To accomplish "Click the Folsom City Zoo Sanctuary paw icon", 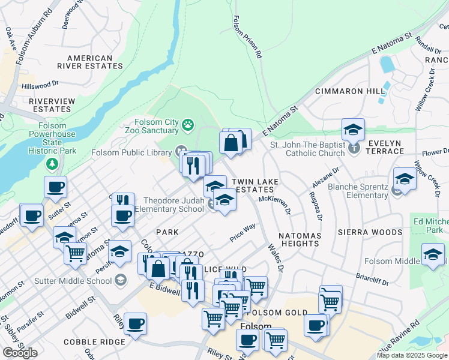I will [189, 125].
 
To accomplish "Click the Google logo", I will [20, 353].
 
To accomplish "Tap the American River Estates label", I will [90, 62].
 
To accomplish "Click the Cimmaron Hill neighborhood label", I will [351, 91].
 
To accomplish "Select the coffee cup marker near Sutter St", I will [55, 187].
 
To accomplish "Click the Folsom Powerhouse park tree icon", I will [53, 164].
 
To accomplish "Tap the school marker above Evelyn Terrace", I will [353, 129].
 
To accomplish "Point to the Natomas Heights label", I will [299, 239].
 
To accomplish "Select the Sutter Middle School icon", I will [121, 280].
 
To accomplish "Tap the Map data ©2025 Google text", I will [412, 355].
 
